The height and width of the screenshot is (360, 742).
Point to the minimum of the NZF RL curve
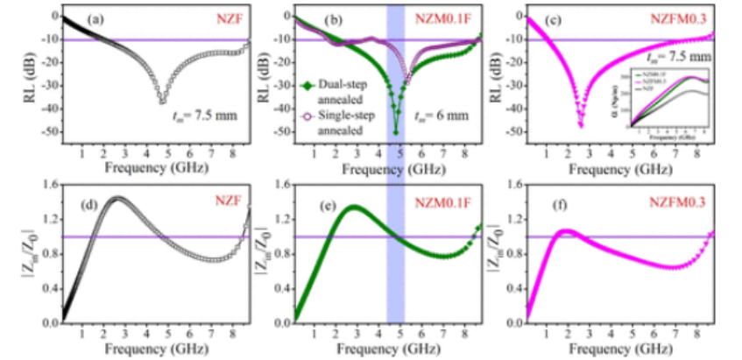[163, 102]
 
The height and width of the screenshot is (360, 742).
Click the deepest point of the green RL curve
[396, 131]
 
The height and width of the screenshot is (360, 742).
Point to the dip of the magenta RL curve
[581, 125]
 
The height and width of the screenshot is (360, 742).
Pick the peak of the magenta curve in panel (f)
[568, 231]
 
